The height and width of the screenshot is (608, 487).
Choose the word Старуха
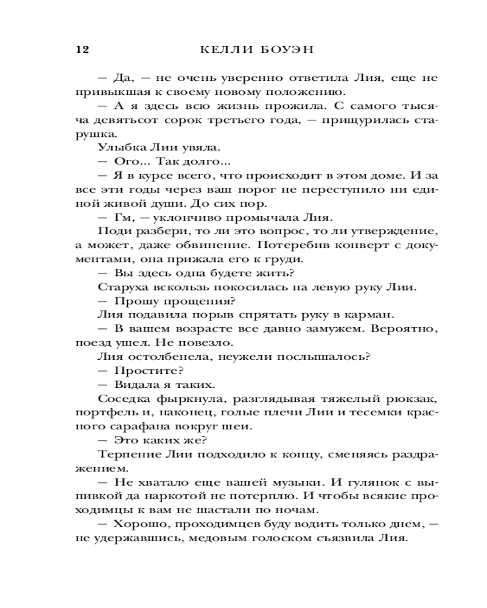pyautogui.click(x=119, y=287)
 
